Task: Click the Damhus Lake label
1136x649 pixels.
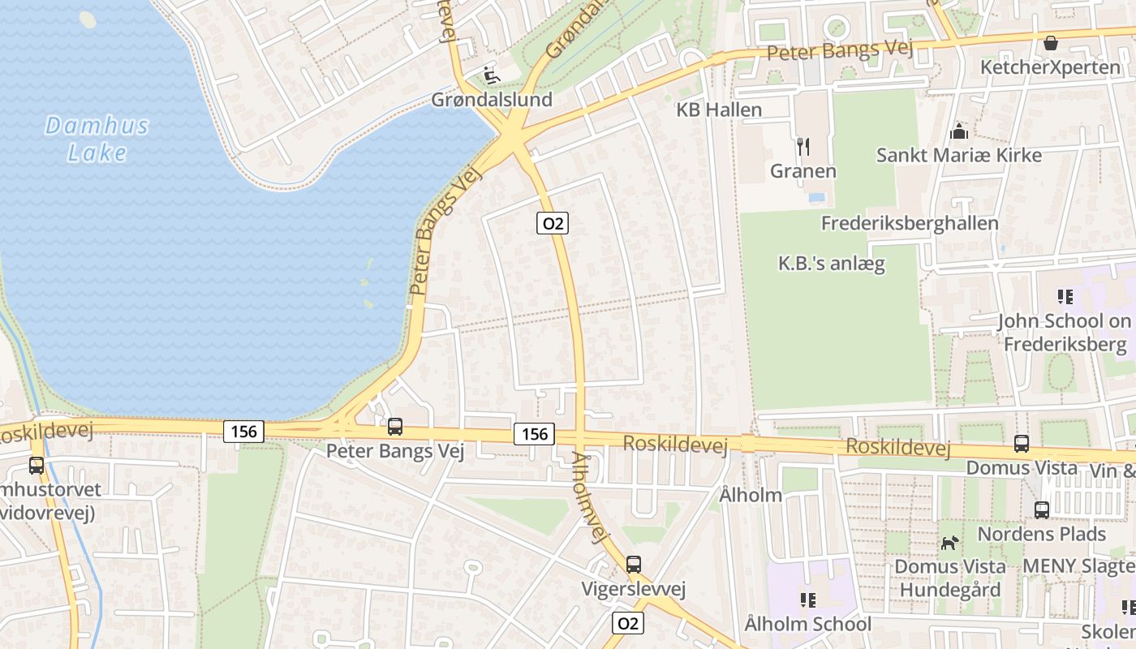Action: pos(97,139)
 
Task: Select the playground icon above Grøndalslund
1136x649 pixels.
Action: pos(492,75)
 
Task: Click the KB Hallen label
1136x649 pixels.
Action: pos(719,110)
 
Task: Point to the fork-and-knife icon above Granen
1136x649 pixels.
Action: pos(803,147)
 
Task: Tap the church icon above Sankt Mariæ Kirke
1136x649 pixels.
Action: pos(959,131)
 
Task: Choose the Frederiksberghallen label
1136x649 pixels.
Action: pos(910,223)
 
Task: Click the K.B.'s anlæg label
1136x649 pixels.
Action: pos(832,264)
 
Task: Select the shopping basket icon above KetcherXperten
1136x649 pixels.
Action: pos(1051,43)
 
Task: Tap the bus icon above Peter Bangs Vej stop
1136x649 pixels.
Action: pos(395,426)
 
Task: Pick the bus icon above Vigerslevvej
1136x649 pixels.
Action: pos(634,564)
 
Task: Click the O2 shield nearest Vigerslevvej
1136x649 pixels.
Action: pos(627,623)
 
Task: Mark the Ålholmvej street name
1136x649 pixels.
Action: pos(590,497)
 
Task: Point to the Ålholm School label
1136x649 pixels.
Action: pos(807,624)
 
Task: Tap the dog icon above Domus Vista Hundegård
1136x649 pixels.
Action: pos(949,542)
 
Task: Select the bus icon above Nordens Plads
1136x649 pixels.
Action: pos(1042,510)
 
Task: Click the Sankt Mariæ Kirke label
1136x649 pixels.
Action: pos(959,155)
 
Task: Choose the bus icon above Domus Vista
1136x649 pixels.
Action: pos(1022,444)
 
